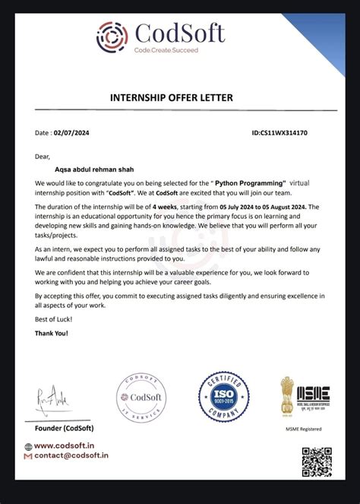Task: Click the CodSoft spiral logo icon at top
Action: click(x=113, y=36)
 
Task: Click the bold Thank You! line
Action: click(x=52, y=334)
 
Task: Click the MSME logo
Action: click(x=313, y=394)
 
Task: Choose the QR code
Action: click(x=317, y=463)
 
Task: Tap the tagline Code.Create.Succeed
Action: click(x=166, y=49)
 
